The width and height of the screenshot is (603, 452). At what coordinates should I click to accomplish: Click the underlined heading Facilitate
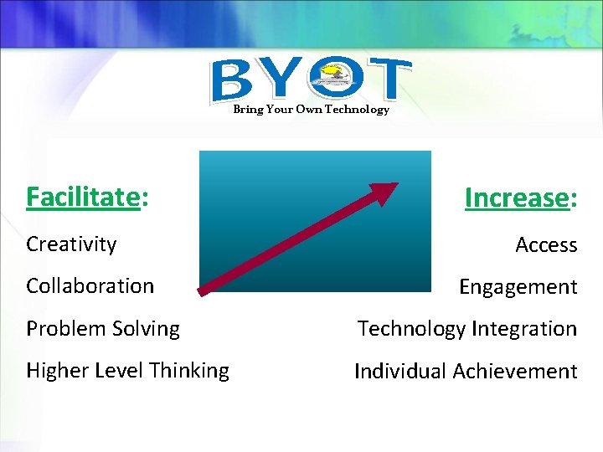pyautogui.click(x=82, y=197)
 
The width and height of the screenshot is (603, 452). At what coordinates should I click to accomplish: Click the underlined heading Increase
pyautogui.click(x=517, y=198)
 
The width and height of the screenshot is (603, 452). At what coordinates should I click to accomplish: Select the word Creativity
pyautogui.click(x=71, y=244)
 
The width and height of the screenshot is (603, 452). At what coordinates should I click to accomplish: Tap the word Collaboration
pyautogui.click(x=90, y=285)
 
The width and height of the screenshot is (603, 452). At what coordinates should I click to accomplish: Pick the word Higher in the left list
pyautogui.click(x=56, y=371)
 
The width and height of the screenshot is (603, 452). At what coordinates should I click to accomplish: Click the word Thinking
pyautogui.click(x=188, y=371)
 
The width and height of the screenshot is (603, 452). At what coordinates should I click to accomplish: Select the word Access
pyautogui.click(x=546, y=245)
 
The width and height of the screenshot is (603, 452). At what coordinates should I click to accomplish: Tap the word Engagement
pyautogui.click(x=518, y=287)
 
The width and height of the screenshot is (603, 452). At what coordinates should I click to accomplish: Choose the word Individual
pyautogui.click(x=402, y=371)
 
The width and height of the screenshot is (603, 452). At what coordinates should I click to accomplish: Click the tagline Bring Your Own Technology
pyautogui.click(x=311, y=110)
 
